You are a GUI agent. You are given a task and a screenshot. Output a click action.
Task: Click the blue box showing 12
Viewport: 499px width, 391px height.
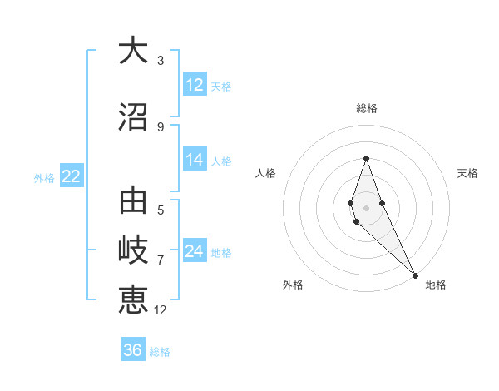(195, 85)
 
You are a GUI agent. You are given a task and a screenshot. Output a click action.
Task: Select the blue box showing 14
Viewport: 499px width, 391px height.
(195, 160)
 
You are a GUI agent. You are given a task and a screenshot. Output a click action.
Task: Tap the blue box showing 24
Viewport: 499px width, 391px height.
(195, 251)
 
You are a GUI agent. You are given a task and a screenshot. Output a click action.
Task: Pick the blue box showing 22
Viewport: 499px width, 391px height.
(71, 176)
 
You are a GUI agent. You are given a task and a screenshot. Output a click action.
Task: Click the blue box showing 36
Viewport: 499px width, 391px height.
(133, 350)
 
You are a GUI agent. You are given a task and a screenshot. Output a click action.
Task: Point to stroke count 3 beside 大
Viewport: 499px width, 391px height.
(161, 60)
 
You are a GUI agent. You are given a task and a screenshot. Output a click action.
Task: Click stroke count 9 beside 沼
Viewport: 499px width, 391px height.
(161, 126)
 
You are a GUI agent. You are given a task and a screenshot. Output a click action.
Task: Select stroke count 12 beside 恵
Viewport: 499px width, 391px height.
(161, 309)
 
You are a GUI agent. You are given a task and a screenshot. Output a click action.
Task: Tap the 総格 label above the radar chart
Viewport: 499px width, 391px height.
(366, 108)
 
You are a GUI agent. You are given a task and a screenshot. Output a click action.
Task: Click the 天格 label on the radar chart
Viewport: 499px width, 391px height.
(467, 173)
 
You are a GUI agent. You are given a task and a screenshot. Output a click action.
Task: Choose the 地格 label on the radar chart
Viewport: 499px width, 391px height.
(436, 285)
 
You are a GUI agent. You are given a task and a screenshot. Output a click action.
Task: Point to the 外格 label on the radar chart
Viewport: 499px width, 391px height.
(293, 285)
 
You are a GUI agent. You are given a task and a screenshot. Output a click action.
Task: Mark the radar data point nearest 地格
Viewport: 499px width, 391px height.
(415, 275)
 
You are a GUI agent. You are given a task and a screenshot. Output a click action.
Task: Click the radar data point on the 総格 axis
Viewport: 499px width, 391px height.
(366, 158)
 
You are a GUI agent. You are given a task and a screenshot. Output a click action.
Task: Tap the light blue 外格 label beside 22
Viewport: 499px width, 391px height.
(44, 177)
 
